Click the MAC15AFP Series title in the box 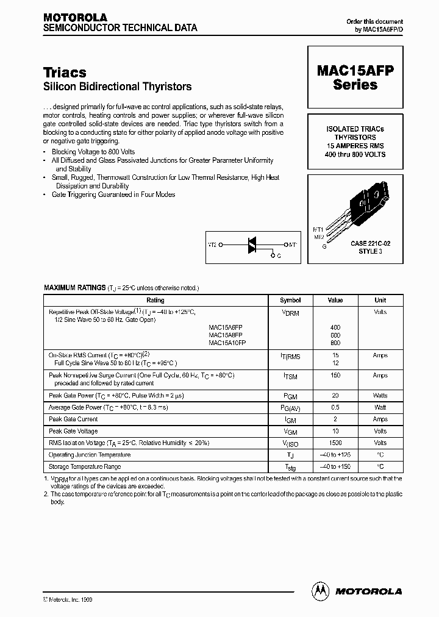355,78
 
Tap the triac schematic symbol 251,244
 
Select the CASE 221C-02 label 370,243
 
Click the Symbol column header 290,300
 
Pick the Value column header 335,300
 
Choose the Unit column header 380,300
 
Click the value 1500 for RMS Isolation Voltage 335,443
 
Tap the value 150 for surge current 335,376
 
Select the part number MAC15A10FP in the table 227,343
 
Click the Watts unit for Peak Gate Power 380,395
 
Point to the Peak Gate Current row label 73,419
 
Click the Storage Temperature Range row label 85,466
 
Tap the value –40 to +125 335,455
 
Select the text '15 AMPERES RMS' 355,146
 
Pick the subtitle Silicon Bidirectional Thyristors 118,87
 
